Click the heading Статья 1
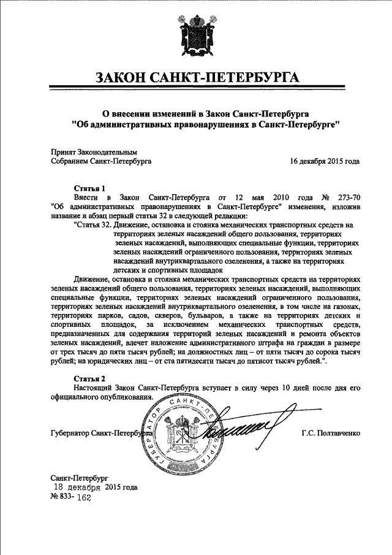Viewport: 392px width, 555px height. (90, 188)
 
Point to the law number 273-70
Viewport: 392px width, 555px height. (347, 197)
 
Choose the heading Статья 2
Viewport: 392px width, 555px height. (90, 378)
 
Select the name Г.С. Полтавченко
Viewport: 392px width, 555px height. (331, 434)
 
